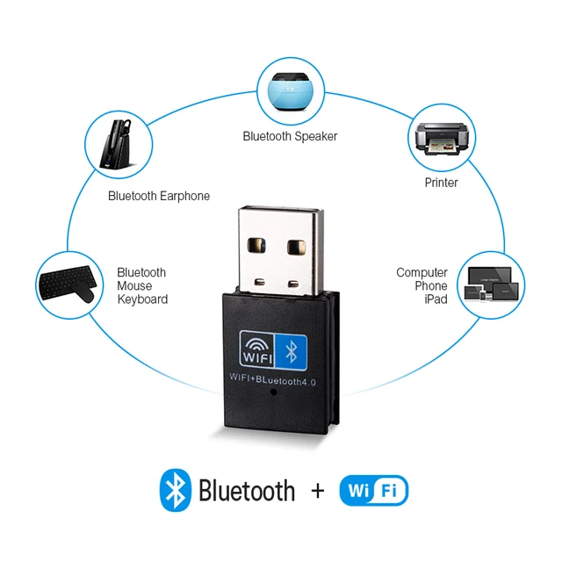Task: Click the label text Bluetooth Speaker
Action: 290,136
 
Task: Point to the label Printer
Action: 441,183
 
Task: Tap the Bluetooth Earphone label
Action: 159,196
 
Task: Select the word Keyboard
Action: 142,299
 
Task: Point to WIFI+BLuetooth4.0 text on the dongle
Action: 277,378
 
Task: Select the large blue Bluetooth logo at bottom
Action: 175,489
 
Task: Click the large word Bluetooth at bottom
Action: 247,490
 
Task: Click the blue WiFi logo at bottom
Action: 373,490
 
